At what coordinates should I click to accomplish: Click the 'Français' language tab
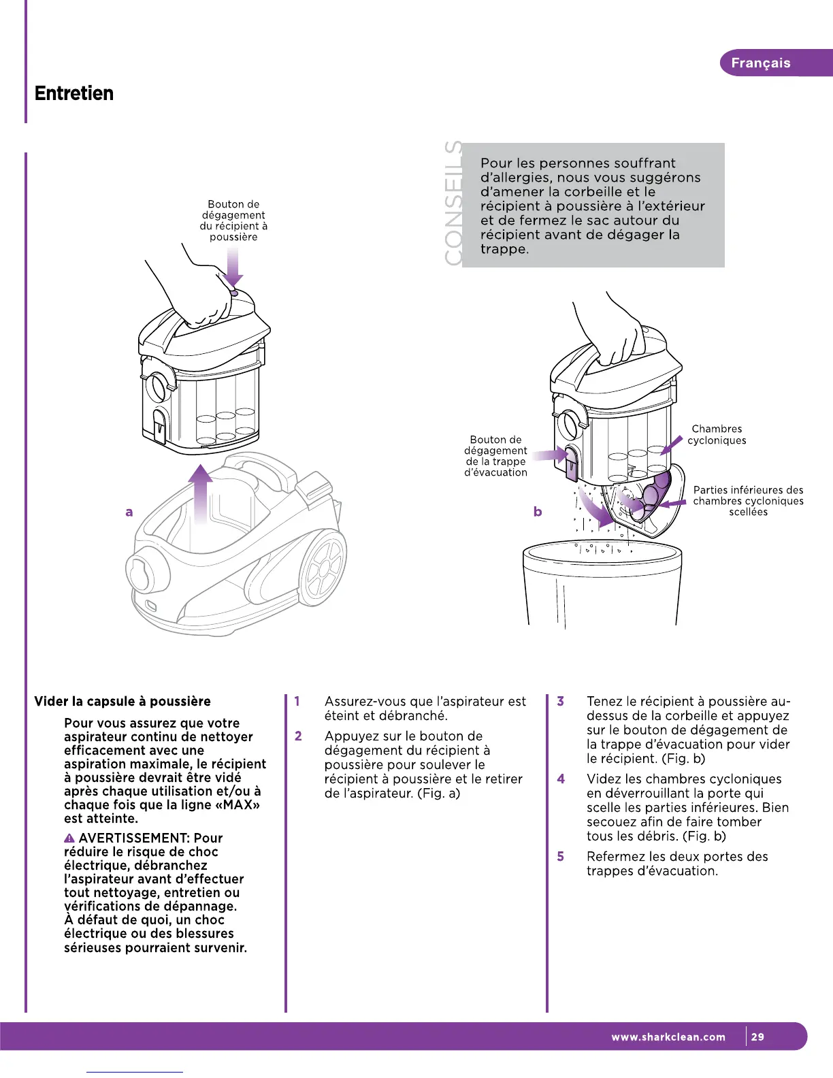(760, 63)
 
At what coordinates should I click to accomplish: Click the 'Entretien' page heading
(74, 93)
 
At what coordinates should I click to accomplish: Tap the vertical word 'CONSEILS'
(453, 203)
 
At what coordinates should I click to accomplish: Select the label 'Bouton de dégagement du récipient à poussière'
(233, 220)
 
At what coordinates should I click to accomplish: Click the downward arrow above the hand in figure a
(233, 268)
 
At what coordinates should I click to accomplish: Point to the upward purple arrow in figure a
(201, 493)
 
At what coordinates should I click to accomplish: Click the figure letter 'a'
(129, 512)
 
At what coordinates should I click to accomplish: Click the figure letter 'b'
(538, 511)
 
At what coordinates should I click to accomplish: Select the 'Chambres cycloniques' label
(717, 434)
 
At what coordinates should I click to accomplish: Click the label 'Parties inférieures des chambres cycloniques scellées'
(748, 501)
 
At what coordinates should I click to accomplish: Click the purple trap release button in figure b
(572, 463)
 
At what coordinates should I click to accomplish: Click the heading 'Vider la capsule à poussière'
(122, 702)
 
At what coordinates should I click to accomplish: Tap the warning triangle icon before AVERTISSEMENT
(69, 838)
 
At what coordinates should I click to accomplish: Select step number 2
(298, 736)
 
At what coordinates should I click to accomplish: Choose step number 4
(561, 779)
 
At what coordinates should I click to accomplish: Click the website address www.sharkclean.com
(668, 1037)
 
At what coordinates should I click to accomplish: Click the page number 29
(757, 1037)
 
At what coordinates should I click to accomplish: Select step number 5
(561, 856)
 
